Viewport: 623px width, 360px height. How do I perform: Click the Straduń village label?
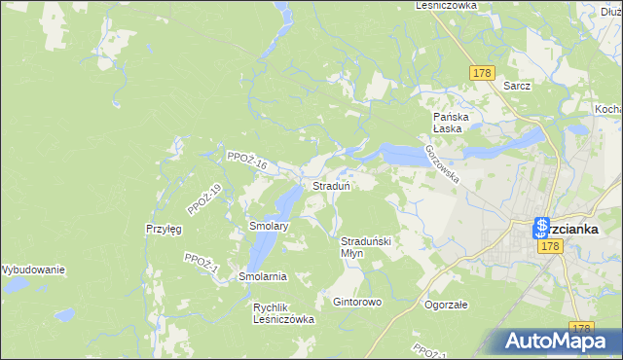331,186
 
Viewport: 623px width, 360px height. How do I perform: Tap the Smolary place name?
268,226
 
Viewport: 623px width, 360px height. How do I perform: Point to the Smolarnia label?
263,277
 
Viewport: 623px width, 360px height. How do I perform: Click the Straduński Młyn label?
365,246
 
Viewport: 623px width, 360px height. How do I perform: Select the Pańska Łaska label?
452,123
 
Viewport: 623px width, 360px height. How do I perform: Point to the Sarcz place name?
517,86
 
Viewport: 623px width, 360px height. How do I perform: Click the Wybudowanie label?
32,270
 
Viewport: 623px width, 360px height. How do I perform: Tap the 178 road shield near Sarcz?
481,73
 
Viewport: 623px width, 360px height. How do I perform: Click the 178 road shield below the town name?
551,248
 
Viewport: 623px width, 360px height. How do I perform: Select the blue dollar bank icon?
542,229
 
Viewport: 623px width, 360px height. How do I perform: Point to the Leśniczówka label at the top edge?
445,5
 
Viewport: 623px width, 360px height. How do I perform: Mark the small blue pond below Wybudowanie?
64,315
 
